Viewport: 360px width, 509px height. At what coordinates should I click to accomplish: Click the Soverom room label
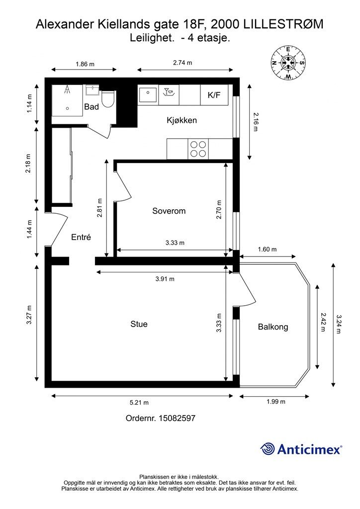pos(169,211)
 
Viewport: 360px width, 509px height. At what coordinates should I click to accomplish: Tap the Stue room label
pos(139,324)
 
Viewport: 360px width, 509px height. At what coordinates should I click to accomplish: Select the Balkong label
pos(273,327)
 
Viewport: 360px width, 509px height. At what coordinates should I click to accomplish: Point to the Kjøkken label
pos(182,120)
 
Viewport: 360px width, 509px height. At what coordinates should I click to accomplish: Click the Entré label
pos(81,237)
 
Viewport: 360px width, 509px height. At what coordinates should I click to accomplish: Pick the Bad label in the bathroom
pos(91,107)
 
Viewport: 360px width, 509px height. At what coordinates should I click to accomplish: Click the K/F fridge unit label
pos(214,95)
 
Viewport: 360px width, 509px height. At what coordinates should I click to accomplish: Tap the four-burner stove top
pos(198,149)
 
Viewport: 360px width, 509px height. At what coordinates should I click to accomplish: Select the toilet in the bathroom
pos(108,99)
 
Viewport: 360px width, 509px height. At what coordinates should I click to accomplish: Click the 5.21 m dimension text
pos(139,403)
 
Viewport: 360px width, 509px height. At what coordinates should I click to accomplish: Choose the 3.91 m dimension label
pos(165,279)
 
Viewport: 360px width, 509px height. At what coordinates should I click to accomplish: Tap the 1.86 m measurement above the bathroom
pos(85,64)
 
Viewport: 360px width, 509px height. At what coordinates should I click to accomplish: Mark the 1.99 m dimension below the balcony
pos(276,402)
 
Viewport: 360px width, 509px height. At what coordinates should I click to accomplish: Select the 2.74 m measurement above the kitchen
pos(182,63)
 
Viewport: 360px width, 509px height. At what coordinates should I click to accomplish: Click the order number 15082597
pos(177,418)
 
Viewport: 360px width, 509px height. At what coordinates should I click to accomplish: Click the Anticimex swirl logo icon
pos(267,449)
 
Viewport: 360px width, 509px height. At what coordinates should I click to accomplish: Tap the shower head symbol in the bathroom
pos(67,89)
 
